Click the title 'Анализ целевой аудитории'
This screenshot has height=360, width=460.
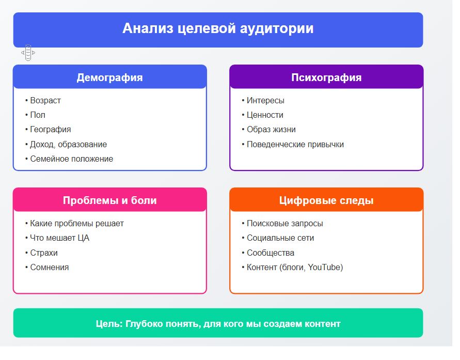point(218,28)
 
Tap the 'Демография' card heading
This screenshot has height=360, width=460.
point(110,78)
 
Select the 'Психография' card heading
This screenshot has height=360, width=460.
point(326,78)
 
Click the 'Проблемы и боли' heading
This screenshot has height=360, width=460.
point(110,200)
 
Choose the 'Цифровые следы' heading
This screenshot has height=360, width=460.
point(326,201)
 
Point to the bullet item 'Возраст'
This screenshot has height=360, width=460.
point(45,100)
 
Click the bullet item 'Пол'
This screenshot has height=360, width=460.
point(38,115)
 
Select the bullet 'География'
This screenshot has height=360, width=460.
point(51,130)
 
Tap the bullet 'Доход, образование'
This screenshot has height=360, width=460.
point(68,144)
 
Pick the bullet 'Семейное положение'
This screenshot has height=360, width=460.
point(72,159)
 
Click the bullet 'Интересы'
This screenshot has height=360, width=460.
point(265,100)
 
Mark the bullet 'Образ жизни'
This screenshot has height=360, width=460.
point(271,130)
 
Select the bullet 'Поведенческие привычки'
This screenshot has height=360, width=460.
point(295,144)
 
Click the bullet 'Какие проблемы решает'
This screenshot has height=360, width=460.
point(77,224)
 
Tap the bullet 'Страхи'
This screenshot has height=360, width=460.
point(44,253)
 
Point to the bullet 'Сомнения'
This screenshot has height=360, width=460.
point(49,267)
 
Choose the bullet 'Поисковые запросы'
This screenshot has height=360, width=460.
point(285,224)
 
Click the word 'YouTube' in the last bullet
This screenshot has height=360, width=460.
point(324,267)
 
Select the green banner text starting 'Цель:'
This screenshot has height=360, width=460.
point(218,324)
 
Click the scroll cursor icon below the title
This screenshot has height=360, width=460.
point(28,53)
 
